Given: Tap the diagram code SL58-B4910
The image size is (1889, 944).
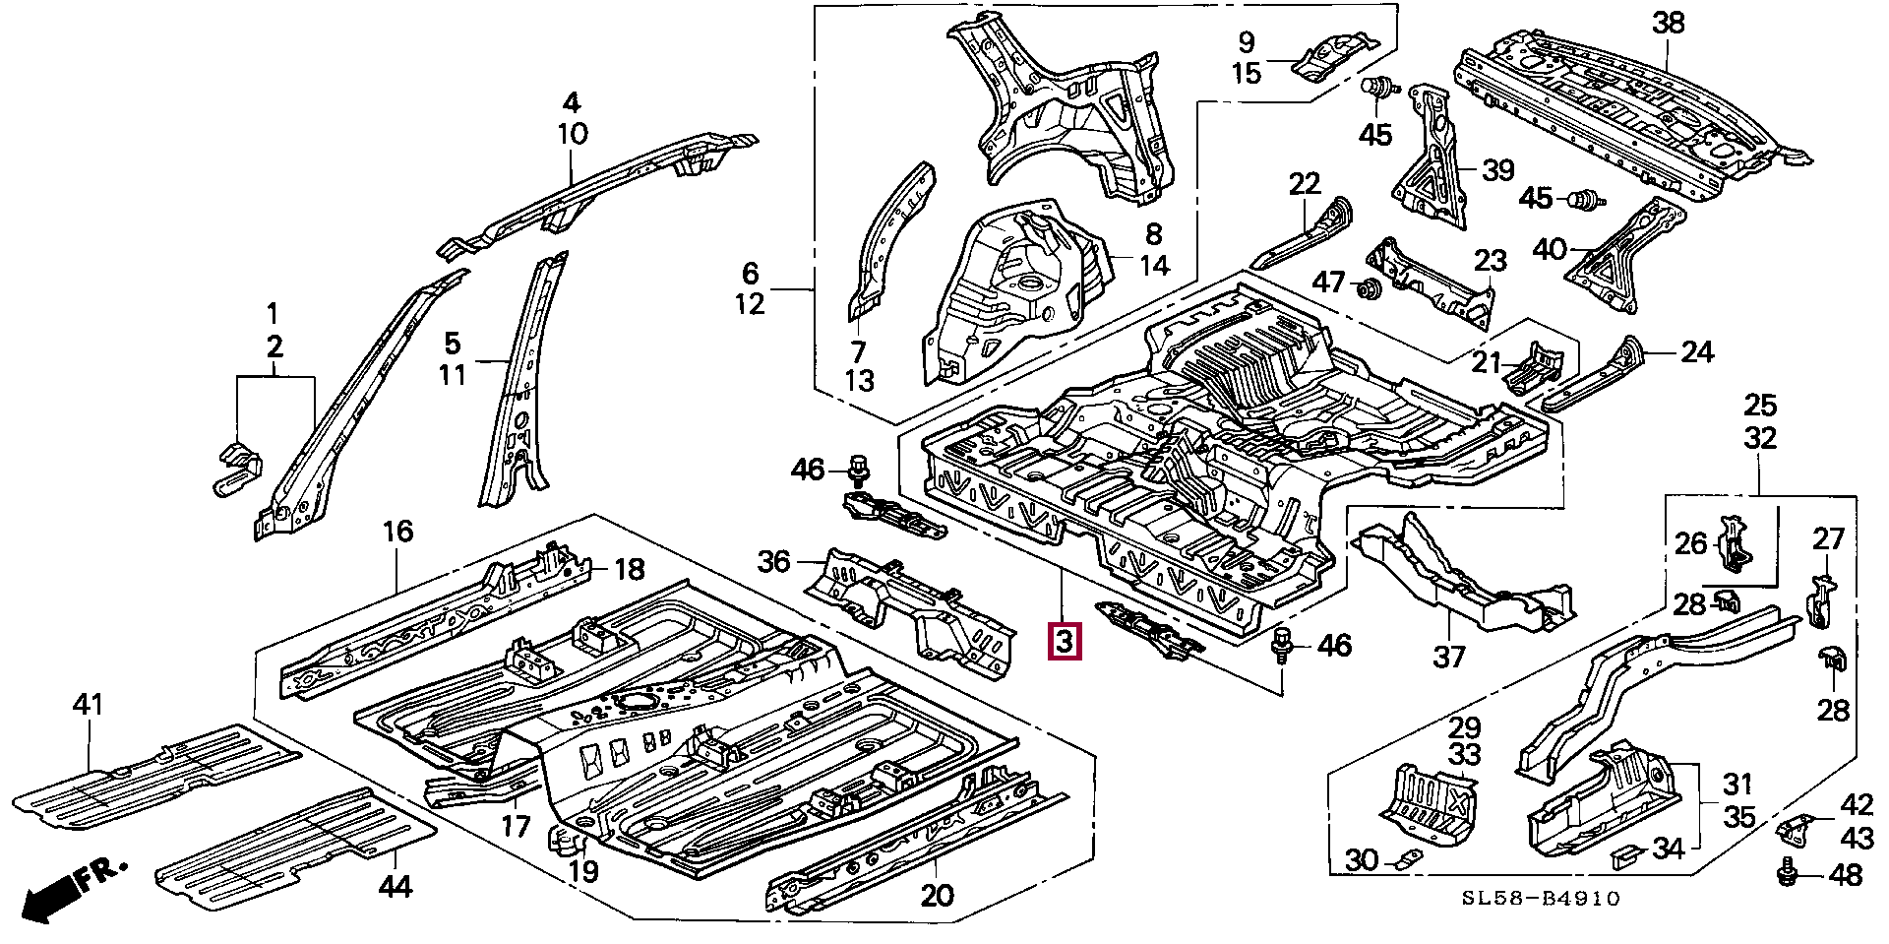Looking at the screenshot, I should point(1540,898).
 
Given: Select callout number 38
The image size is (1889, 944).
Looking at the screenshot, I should point(1669,24).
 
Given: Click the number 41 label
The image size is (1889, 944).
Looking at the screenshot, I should point(89,705).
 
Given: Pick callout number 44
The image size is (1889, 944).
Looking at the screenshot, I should point(396,887).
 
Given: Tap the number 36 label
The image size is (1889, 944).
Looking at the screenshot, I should point(774,562).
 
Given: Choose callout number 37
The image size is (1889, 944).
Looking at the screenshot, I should point(1449,656).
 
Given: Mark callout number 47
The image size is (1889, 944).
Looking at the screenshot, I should point(1329,283).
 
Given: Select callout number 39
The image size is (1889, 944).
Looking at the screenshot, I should point(1498,170).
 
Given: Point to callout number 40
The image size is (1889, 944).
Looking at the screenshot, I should point(1550,249).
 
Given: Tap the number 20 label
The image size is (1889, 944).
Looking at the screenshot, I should point(938,896).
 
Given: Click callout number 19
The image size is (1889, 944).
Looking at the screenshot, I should point(583,871).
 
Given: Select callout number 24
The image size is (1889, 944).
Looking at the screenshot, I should point(1697,351).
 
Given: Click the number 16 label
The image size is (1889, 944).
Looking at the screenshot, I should point(397,533).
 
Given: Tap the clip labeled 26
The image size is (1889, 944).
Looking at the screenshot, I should point(1735,547).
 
